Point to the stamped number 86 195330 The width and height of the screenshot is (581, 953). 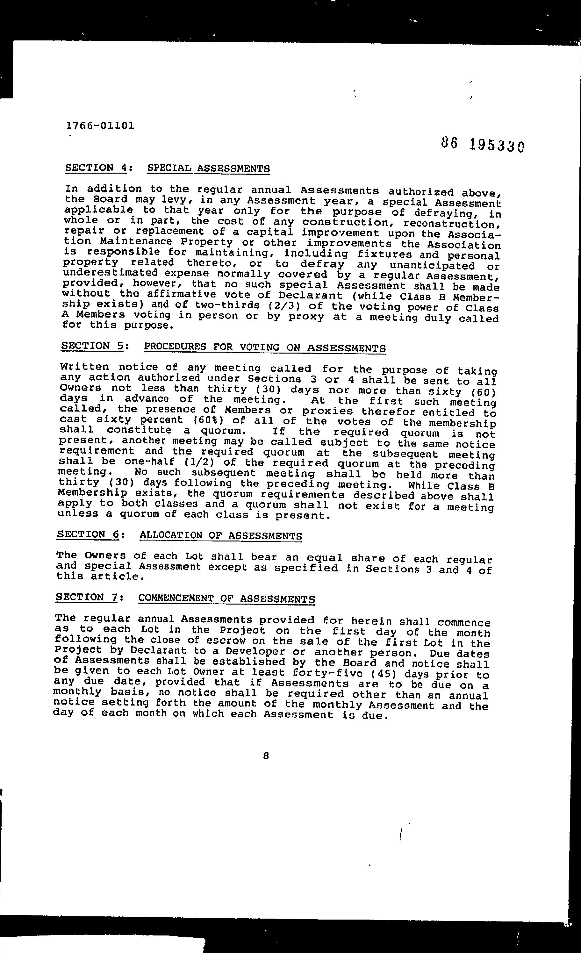point(482,145)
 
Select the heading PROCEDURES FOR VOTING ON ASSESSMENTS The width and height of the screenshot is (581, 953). point(265,347)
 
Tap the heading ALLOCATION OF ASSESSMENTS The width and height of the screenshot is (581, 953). point(220,536)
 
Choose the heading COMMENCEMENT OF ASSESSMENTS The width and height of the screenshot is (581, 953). point(226,599)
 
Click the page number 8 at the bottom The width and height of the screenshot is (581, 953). point(265,756)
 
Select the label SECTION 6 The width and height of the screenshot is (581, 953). point(88,534)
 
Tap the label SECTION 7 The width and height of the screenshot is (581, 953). point(87,597)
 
